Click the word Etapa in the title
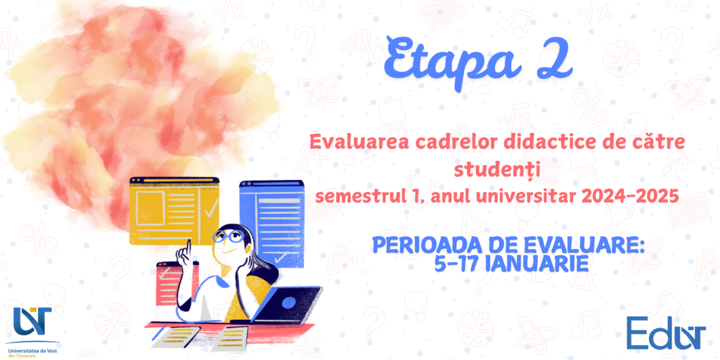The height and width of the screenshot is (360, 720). (x=452, y=62)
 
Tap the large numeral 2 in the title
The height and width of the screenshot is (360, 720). (x=555, y=60)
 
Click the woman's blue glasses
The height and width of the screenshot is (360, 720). (x=229, y=237)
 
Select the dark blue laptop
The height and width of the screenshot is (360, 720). (x=285, y=304)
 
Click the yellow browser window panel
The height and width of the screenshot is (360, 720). (x=174, y=210)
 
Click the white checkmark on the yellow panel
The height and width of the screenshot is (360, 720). (x=211, y=208)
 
